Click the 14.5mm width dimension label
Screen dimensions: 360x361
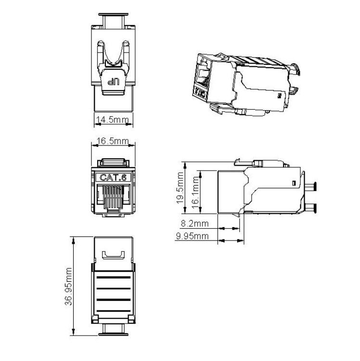(x=113, y=120)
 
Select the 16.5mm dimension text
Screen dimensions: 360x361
(x=113, y=141)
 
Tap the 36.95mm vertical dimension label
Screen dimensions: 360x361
(x=68, y=286)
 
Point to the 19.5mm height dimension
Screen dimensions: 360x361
(x=180, y=188)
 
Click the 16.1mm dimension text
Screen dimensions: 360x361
(x=195, y=193)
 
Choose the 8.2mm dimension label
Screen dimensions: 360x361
(x=195, y=223)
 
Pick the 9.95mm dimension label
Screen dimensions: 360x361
(x=193, y=236)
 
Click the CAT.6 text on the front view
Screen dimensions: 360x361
(x=113, y=178)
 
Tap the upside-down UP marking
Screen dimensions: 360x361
(x=114, y=81)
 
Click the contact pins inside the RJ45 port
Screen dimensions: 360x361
(x=113, y=196)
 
